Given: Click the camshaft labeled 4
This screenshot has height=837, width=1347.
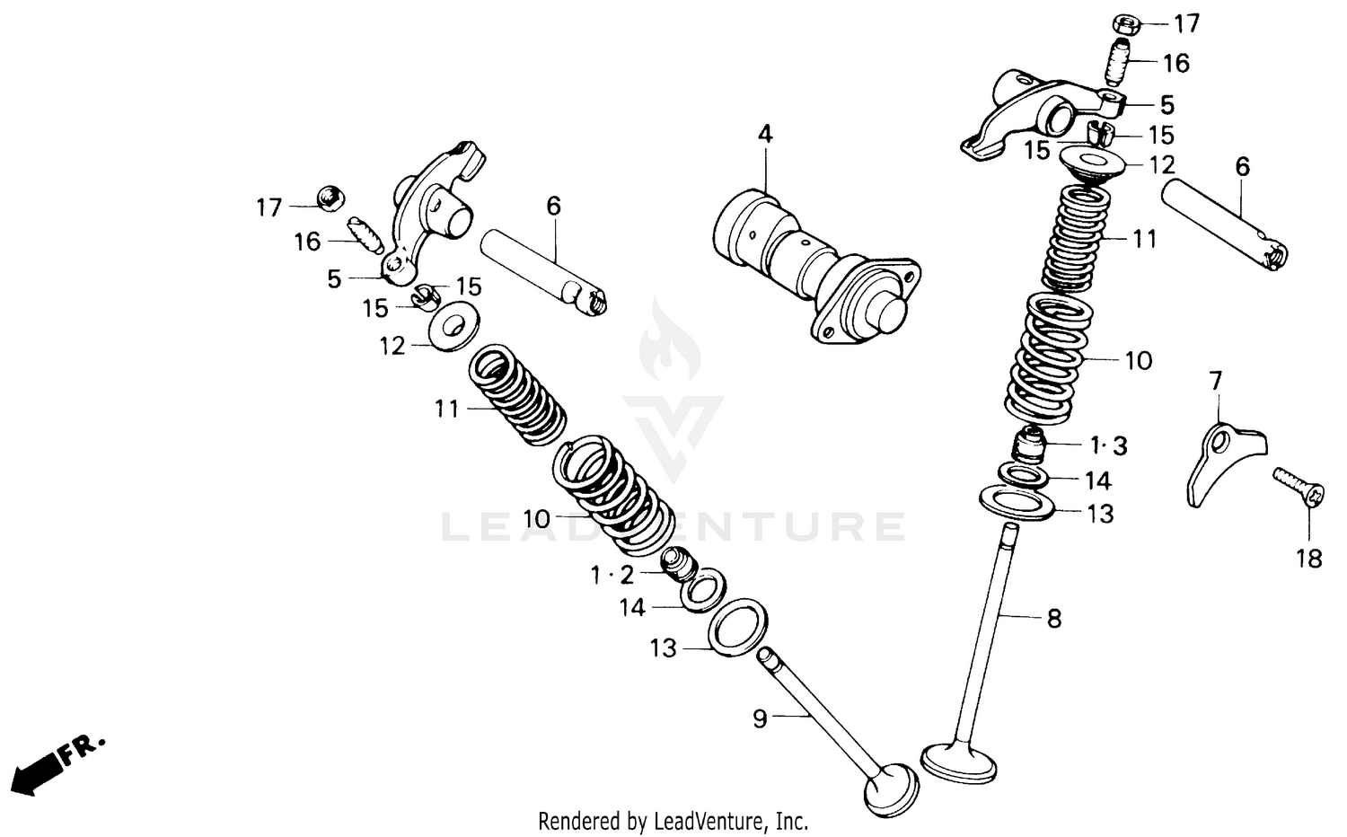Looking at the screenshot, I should pyautogui.click(x=813, y=265).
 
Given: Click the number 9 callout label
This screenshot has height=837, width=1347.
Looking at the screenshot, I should pyautogui.click(x=761, y=718).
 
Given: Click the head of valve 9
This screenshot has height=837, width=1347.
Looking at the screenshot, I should pyautogui.click(x=891, y=789).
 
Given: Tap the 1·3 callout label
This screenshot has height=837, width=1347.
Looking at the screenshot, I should pyautogui.click(x=1108, y=445).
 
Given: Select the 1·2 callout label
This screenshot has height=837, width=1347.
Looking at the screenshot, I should pyautogui.click(x=612, y=575).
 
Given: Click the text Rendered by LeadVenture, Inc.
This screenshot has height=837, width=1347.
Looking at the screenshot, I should pyautogui.click(x=673, y=820).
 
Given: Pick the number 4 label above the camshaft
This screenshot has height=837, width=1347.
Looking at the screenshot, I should pyautogui.click(x=764, y=134).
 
